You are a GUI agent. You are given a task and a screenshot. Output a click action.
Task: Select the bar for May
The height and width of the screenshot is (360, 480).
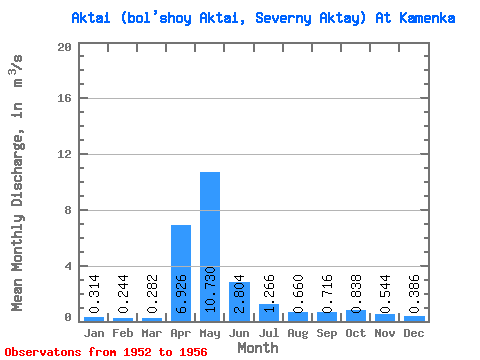(210, 247)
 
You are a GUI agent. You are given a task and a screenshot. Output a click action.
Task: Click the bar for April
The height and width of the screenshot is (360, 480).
(181, 273)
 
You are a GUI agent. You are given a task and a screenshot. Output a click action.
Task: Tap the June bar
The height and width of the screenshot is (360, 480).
(239, 302)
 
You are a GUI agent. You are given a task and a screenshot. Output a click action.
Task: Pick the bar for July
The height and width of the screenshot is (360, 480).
(269, 313)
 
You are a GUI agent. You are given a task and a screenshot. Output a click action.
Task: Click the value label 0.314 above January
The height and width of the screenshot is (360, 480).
(94, 294)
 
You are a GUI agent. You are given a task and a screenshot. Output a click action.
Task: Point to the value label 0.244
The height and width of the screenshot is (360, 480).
(123, 294)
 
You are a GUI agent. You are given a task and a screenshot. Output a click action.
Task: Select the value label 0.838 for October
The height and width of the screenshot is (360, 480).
(356, 294)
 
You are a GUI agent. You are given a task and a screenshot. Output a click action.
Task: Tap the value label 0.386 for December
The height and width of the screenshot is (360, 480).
(414, 294)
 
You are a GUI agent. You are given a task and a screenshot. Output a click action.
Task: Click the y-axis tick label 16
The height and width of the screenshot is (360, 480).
(64, 98)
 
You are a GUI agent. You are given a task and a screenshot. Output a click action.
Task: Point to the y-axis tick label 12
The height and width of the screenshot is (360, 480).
(64, 154)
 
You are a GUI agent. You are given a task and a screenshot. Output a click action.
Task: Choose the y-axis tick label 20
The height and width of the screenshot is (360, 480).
(64, 47)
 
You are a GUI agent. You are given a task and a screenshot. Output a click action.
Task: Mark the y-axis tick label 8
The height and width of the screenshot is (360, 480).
(68, 210)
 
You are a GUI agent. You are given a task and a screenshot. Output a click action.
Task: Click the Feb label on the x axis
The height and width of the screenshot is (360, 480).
(123, 333)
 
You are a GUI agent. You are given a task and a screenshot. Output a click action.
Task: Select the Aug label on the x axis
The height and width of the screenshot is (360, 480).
(298, 334)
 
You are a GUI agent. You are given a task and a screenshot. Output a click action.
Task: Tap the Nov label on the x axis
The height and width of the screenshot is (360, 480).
(385, 333)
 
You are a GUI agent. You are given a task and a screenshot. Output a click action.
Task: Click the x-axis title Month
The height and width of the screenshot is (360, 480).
(258, 348)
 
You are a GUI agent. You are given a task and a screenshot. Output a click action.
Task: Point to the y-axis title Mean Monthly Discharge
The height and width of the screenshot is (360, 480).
(17, 223)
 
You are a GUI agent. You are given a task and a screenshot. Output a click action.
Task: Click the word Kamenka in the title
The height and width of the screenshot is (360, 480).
(427, 18)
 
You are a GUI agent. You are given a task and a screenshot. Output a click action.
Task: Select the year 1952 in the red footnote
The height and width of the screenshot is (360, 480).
(137, 352)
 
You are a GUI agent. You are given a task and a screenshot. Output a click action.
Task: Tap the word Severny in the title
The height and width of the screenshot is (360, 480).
(283, 19)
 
